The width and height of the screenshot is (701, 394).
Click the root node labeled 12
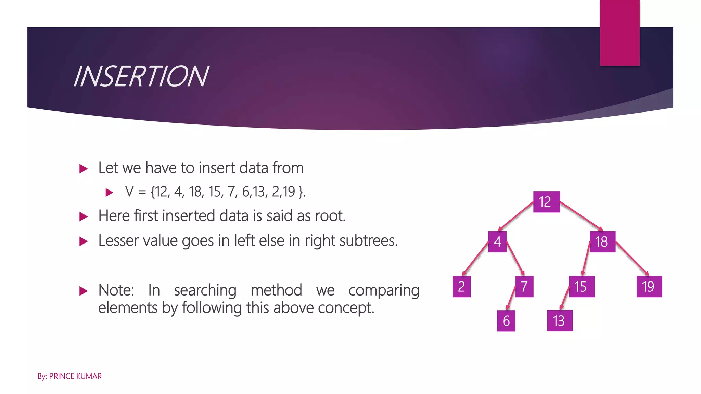[546, 202]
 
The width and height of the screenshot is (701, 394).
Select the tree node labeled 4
[497, 242]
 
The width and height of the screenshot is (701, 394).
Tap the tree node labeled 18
[602, 242]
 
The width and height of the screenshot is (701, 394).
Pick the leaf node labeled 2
[461, 287]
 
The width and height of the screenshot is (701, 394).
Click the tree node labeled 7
[524, 287]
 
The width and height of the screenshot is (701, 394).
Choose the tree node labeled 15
[581, 287]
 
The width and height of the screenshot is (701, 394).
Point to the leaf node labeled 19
[649, 287]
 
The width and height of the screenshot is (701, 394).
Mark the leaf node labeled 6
[506, 321]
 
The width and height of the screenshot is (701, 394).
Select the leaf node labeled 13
[560, 321]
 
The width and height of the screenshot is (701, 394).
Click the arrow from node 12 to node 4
[516, 215]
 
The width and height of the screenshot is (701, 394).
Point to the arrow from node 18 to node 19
[632, 258]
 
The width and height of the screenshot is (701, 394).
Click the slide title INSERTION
[141, 76]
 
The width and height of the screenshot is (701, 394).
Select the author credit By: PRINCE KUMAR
[69, 376]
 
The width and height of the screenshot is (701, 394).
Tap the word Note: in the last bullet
[116, 290]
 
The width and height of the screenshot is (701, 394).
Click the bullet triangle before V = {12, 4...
[109, 192]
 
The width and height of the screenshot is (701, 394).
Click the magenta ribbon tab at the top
[620, 32]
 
